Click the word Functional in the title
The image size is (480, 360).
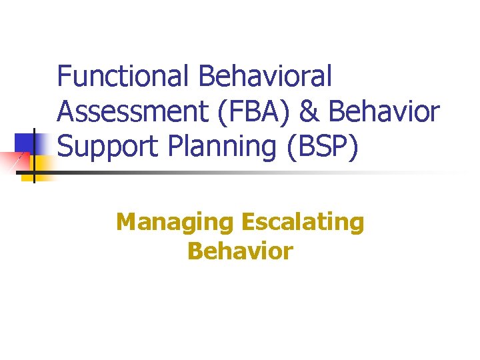click(124, 76)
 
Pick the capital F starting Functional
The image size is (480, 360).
click(64, 76)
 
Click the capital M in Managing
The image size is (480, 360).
click(126, 221)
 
